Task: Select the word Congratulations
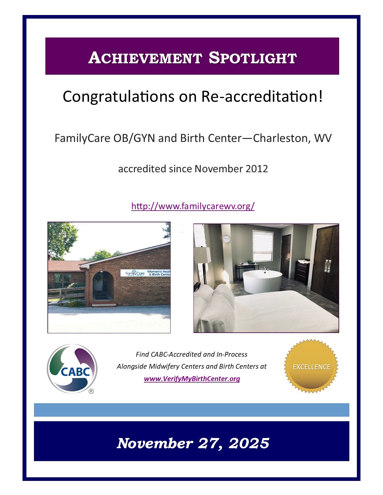[118, 97]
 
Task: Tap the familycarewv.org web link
[193, 206]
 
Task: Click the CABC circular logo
[72, 369]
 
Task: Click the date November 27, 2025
[193, 443]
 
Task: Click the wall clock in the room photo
[226, 238]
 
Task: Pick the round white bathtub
[262, 281]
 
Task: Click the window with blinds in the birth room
[263, 246]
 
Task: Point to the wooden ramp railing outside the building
[66, 294]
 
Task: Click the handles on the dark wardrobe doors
[327, 265]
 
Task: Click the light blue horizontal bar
[192, 410]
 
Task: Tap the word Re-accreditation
[262, 97]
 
